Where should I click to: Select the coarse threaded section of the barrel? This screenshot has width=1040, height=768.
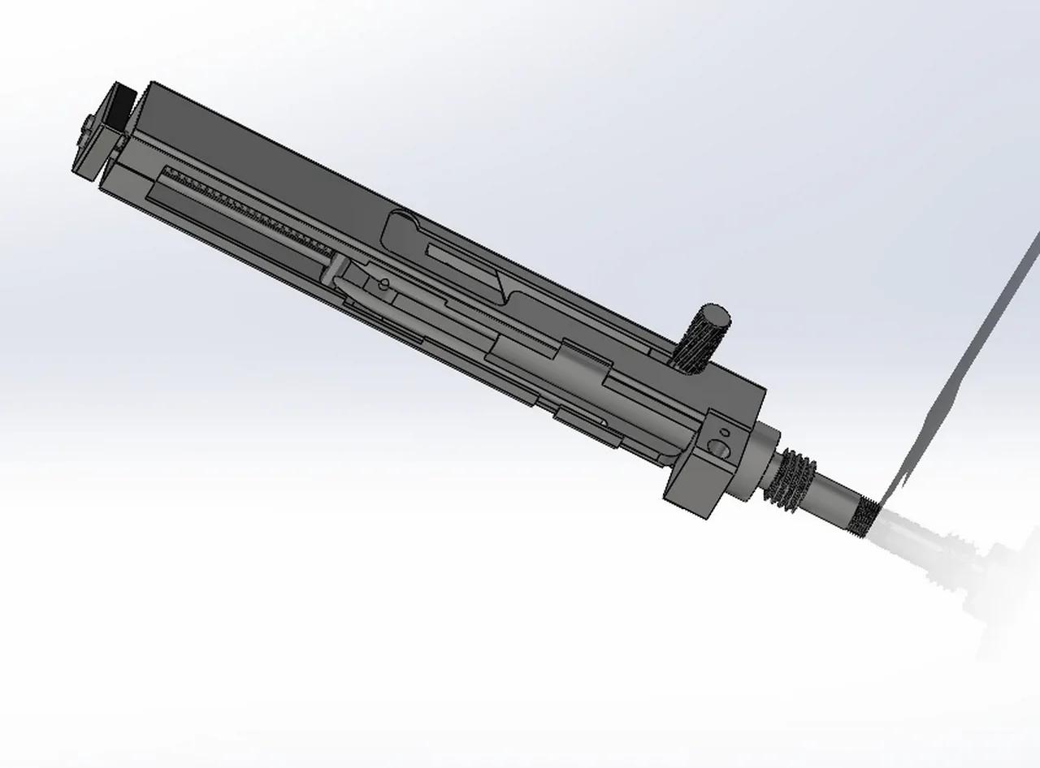(x=792, y=480)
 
